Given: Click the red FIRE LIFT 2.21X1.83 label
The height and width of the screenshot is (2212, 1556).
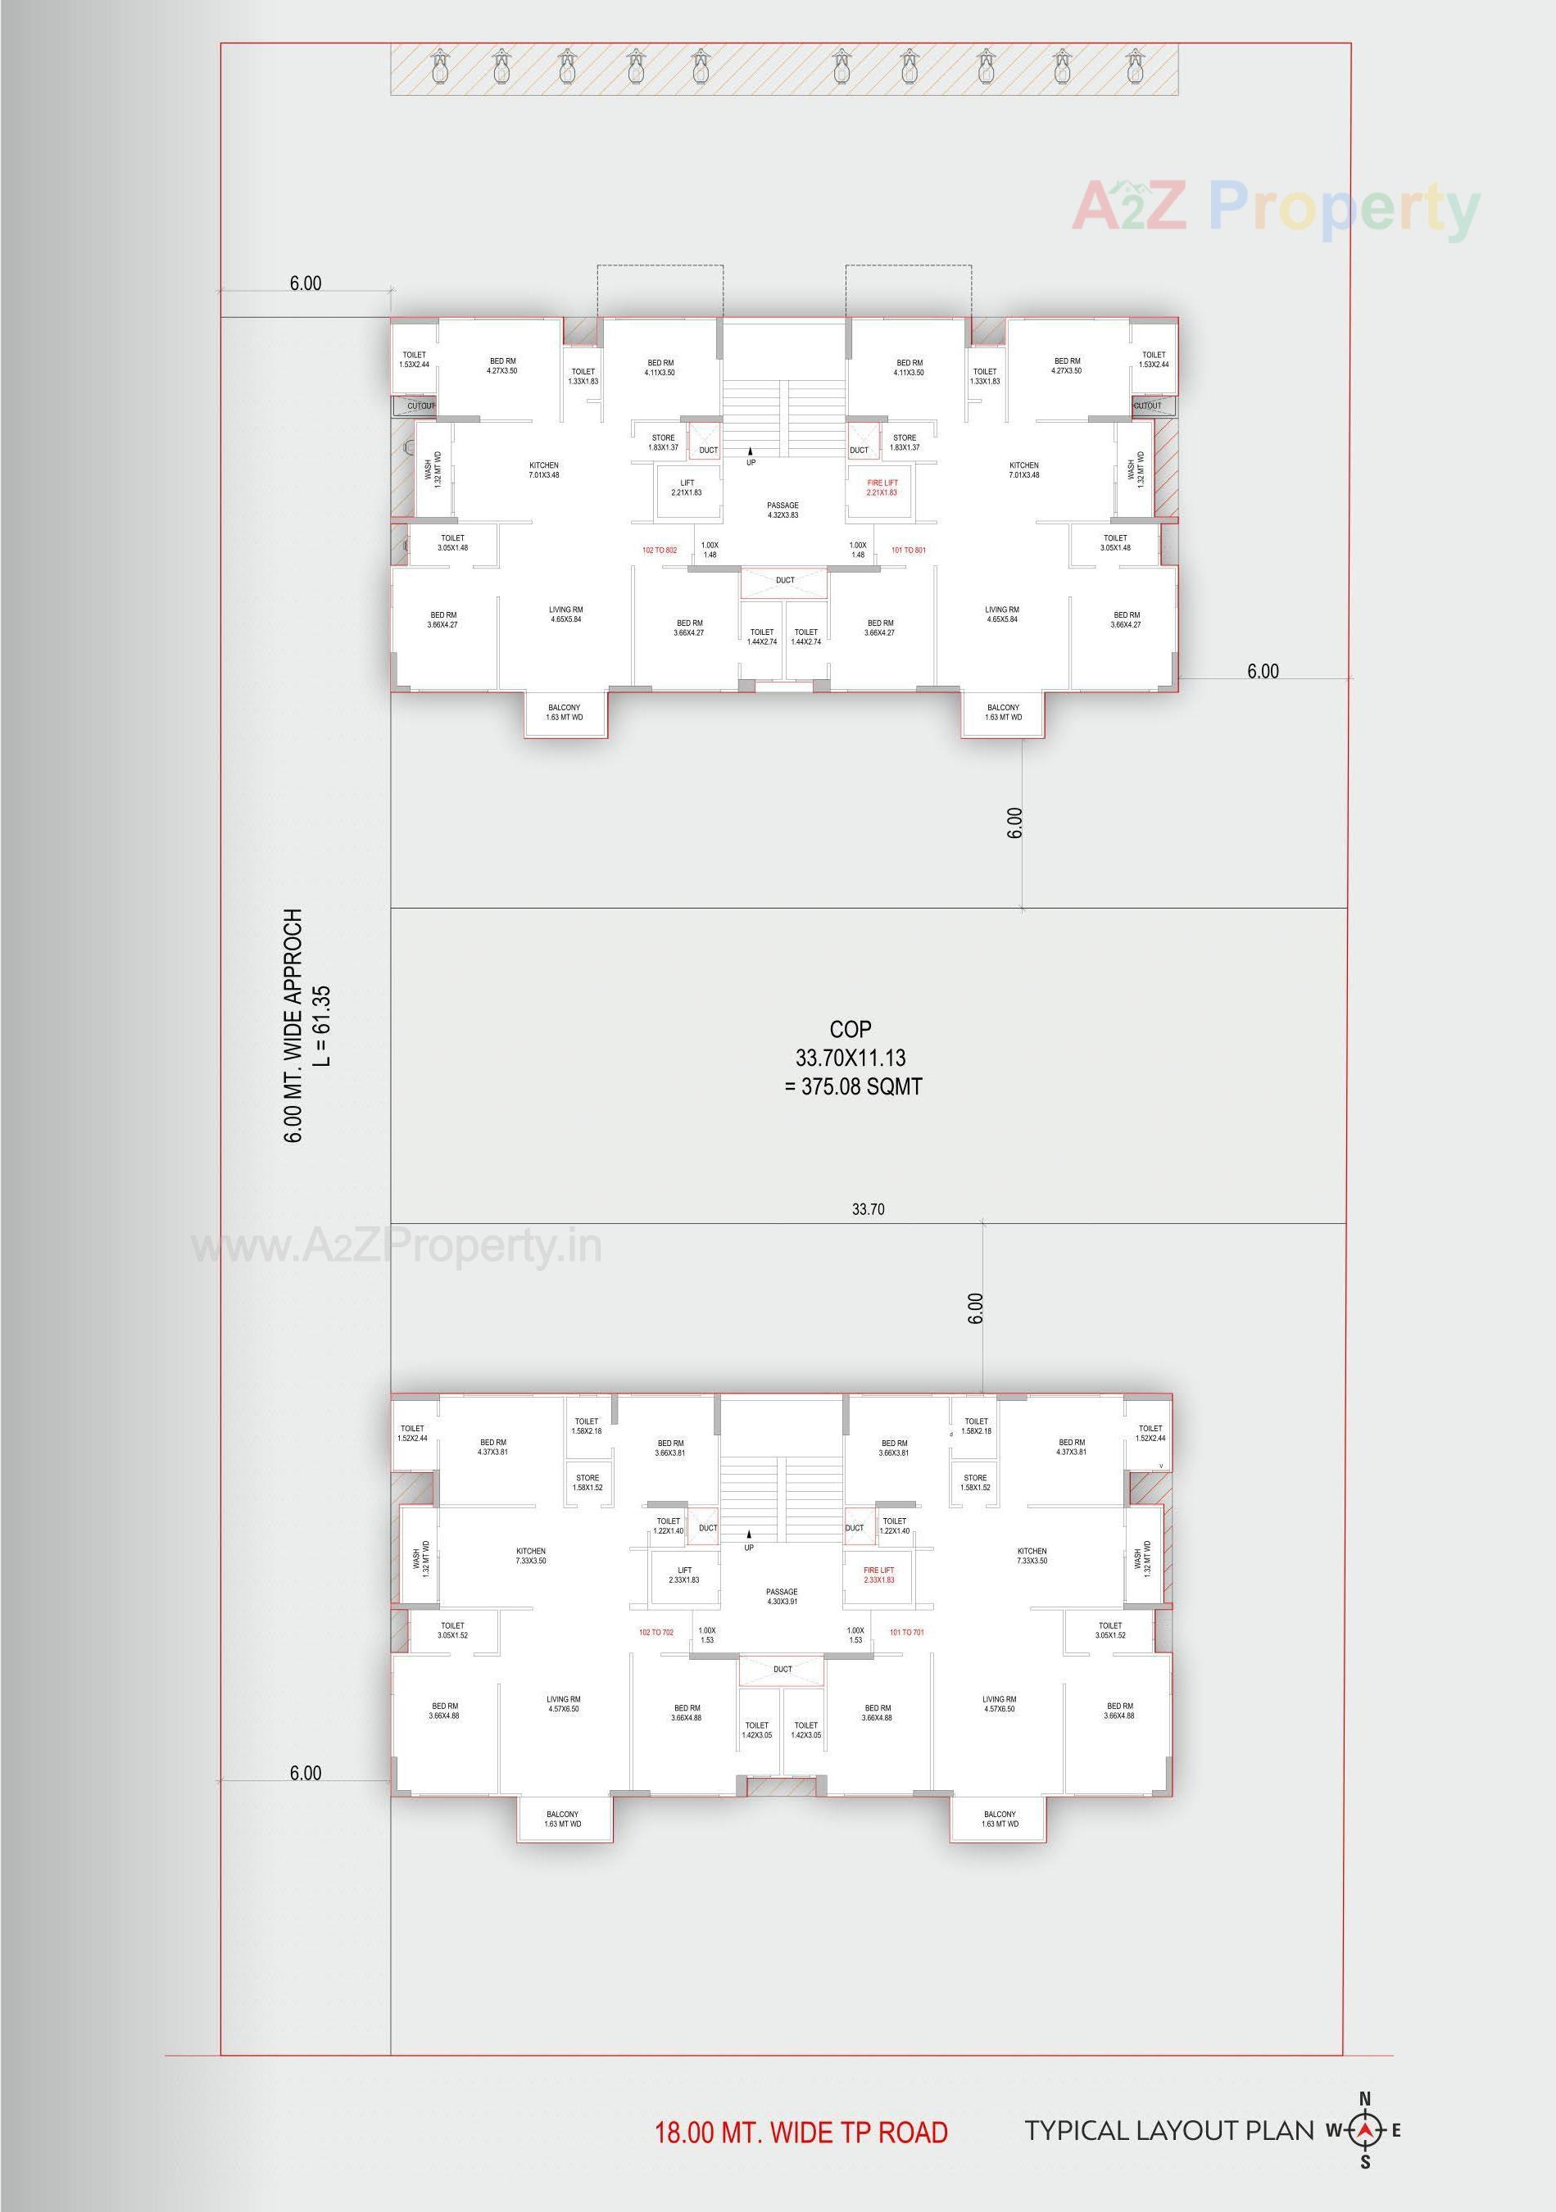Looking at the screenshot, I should (881, 487).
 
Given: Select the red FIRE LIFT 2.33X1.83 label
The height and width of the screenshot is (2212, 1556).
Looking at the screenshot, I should (878, 1575).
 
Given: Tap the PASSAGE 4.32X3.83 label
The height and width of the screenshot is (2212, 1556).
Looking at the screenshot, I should (783, 510).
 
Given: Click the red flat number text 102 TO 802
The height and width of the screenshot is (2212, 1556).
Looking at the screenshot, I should (659, 550).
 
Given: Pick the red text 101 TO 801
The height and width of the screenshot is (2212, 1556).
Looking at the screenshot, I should (908, 550).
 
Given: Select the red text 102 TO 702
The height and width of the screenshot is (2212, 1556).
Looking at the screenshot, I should (656, 1633).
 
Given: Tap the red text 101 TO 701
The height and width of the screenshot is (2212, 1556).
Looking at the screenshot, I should (905, 1633).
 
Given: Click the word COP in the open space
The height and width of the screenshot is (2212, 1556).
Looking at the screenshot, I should (850, 1030).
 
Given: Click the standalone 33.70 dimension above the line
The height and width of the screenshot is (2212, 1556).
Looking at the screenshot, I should (867, 1209).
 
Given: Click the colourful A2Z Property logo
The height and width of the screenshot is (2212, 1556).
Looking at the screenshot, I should (1276, 207).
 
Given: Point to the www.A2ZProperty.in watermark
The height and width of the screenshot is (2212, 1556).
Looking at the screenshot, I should (397, 1247).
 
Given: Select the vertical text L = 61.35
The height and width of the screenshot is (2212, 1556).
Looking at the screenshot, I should (322, 1026).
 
